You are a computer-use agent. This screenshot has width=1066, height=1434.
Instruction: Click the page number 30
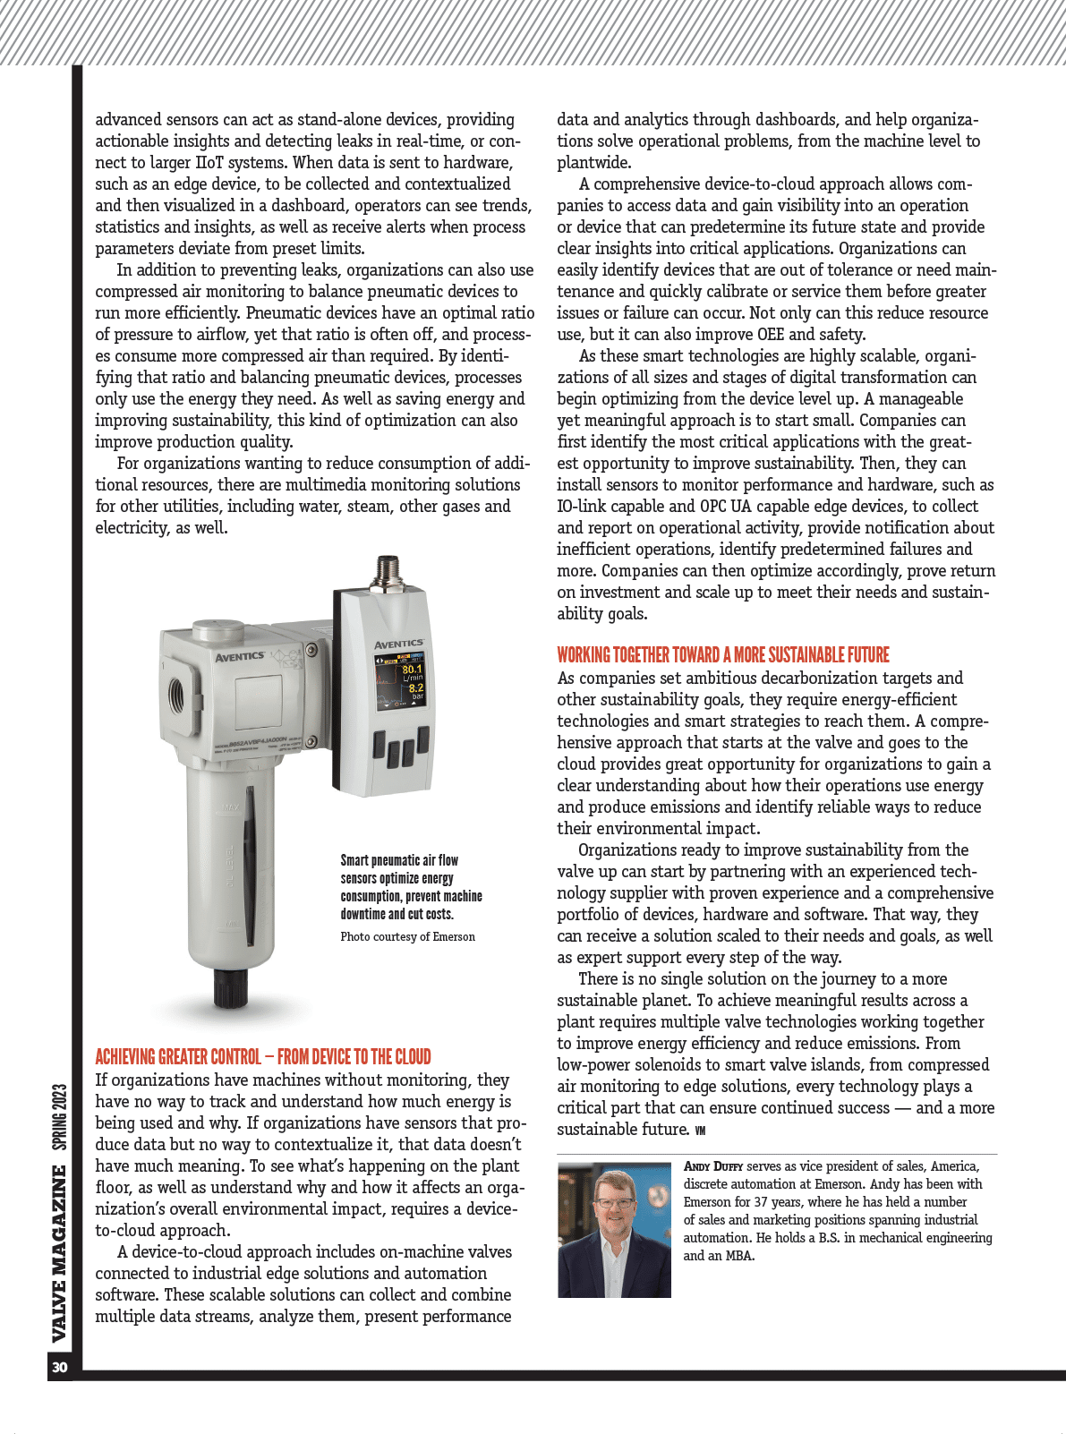60,1367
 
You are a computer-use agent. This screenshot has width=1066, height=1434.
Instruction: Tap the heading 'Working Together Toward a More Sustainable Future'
723,654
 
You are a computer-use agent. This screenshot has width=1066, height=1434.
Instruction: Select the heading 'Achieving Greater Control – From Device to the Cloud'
263,1056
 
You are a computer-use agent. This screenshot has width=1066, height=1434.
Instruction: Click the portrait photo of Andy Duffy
614,1229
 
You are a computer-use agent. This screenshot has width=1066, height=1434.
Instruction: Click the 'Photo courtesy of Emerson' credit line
407,937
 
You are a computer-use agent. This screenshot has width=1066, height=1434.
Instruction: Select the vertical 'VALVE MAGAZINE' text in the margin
60,1253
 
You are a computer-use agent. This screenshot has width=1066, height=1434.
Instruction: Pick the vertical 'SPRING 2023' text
60,1117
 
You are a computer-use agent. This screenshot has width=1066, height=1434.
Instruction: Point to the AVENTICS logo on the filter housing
240,657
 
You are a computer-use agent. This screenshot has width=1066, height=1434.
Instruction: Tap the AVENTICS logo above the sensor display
398,644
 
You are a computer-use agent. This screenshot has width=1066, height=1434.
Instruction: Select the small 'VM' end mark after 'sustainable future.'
700,1131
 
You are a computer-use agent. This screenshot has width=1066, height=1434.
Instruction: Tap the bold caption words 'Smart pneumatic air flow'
399,860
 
